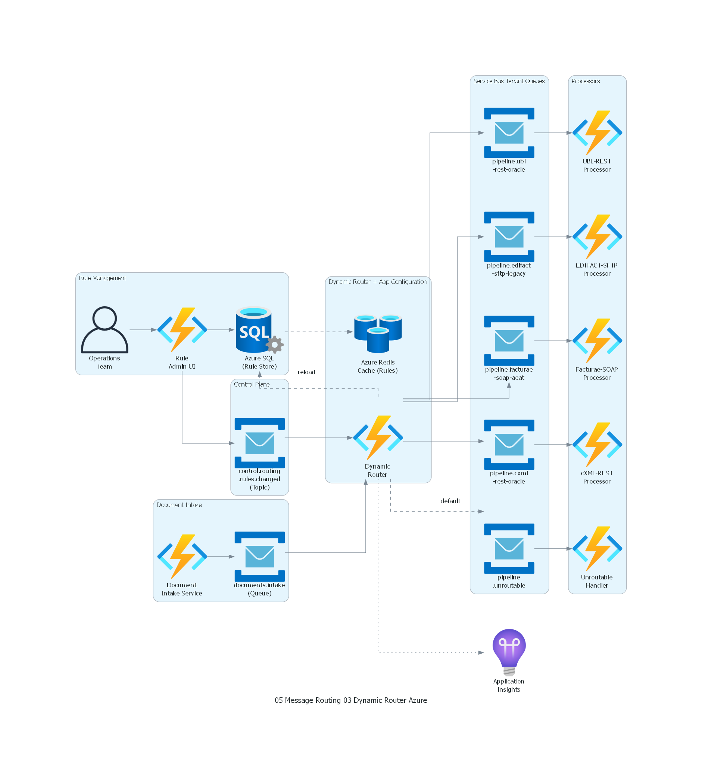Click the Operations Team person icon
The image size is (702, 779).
[x=104, y=330]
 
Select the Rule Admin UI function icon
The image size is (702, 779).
[x=182, y=330]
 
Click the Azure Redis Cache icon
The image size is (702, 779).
[x=378, y=334]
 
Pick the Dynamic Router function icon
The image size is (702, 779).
[x=378, y=438]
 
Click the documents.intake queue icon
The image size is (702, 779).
[x=260, y=557]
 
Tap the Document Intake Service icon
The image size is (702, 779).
[x=182, y=557]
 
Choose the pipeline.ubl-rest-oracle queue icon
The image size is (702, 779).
[x=509, y=133]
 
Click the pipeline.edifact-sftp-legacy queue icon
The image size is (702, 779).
[x=509, y=237]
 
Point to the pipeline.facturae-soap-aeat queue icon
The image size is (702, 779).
[x=509, y=341]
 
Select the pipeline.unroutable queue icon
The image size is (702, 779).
[x=509, y=548]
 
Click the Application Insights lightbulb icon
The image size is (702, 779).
[x=509, y=652]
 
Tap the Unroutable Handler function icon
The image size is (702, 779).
[x=597, y=548]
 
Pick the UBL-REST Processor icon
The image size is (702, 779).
[x=597, y=133]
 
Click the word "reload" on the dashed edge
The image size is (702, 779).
[x=307, y=372]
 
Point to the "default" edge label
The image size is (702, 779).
[x=450, y=501]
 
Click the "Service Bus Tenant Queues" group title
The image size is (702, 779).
[x=509, y=81]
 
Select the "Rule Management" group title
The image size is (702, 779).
[x=103, y=278]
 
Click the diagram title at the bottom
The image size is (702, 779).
[x=351, y=700]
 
